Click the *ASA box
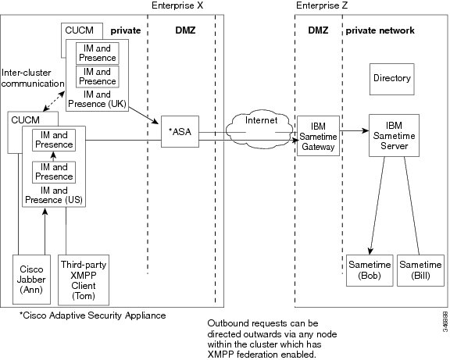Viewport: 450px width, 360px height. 180,132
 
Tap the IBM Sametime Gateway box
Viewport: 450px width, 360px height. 318,136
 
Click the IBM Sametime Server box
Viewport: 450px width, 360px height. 394,135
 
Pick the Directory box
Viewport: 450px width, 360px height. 392,79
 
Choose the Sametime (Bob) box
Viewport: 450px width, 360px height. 370,270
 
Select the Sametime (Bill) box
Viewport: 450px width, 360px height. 420,270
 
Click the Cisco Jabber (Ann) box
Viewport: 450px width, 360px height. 31,280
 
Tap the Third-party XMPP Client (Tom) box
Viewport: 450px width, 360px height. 84,280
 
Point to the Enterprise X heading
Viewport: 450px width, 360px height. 177,5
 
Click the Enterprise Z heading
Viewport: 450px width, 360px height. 322,5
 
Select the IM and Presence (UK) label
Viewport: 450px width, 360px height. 97,99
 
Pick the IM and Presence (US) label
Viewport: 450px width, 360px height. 54,195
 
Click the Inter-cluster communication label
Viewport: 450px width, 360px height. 33,78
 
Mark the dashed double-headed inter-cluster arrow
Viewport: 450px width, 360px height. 54,101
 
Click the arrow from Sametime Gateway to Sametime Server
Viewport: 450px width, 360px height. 355,131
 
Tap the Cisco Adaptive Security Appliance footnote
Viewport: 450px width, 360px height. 92,315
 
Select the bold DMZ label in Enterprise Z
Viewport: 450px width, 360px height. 318,30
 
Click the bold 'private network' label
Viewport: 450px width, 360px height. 380,30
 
